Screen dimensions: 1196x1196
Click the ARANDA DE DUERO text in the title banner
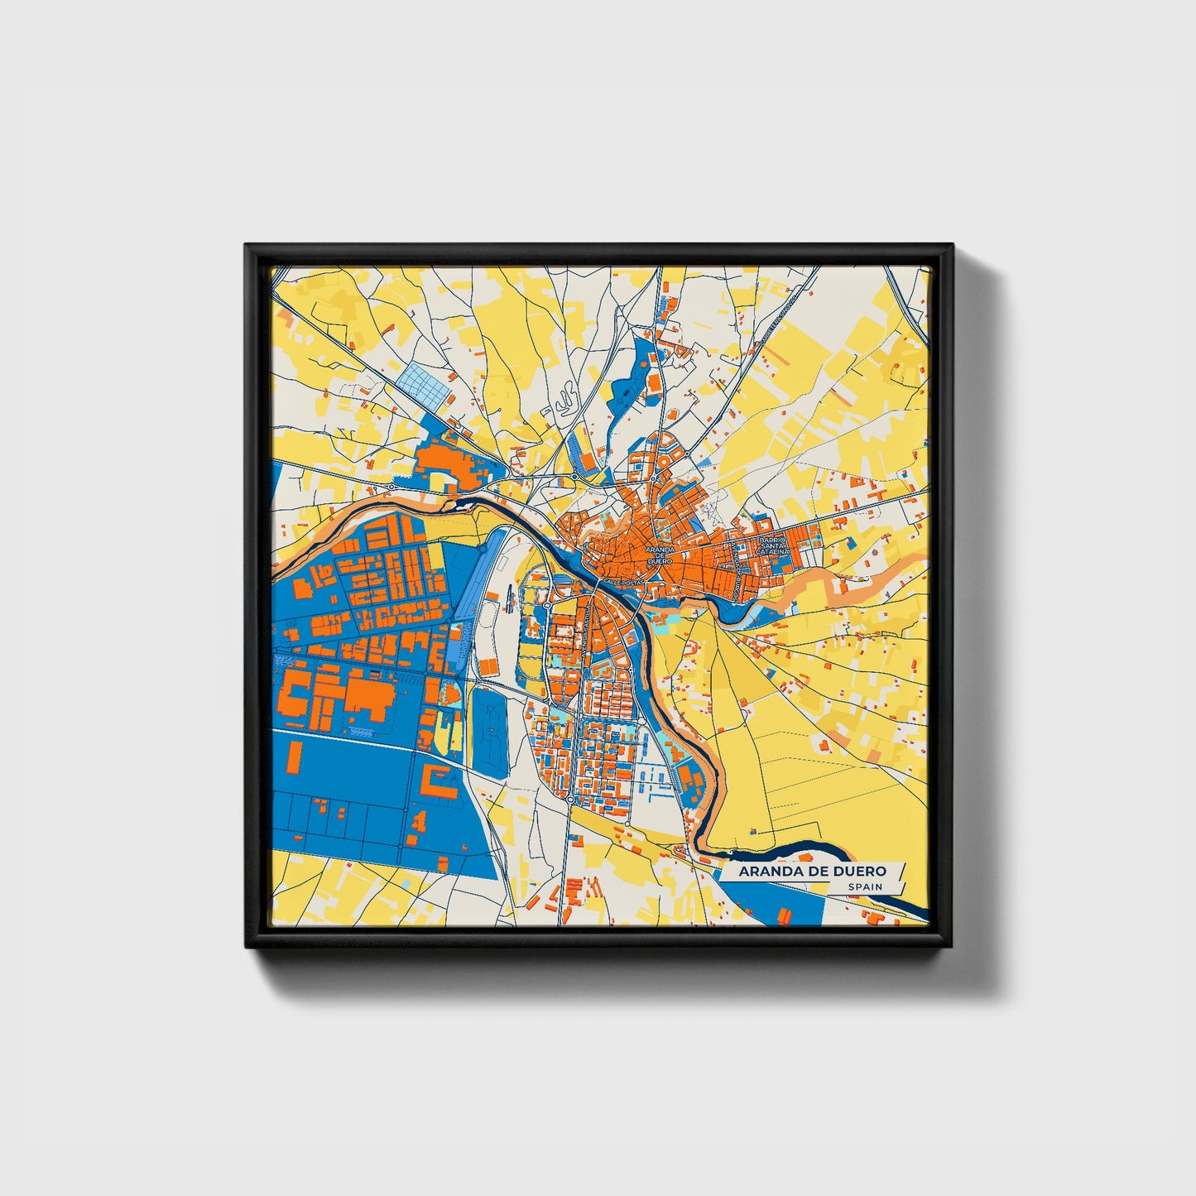[x=812, y=871]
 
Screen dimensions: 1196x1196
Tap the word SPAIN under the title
[x=865, y=886]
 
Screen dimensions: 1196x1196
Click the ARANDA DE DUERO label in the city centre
[x=660, y=555]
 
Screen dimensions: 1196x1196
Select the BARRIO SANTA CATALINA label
[x=771, y=545]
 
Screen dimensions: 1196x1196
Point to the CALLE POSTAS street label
[x=623, y=584]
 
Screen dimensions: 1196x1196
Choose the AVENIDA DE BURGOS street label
[x=735, y=571]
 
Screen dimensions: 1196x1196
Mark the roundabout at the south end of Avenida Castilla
[x=571, y=800]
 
